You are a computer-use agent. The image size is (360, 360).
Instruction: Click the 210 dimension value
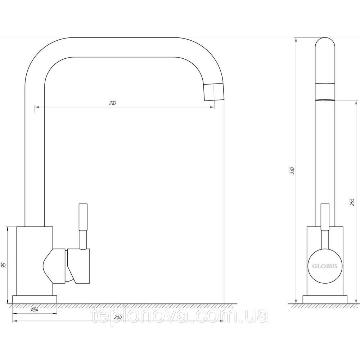coord(112,103)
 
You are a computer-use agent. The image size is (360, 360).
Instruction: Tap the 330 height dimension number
coord(292,171)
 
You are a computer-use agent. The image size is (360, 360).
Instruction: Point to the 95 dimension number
coord(3,266)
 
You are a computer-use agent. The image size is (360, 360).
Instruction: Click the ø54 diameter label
coord(34,310)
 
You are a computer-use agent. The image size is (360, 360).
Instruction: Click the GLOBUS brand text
coord(325,266)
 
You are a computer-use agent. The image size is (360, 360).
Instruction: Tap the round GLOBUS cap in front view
coord(325,266)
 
